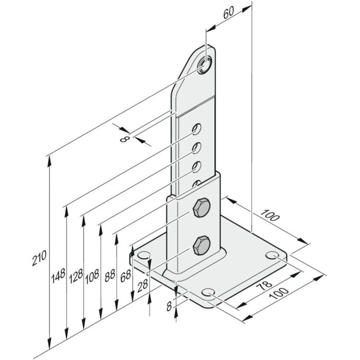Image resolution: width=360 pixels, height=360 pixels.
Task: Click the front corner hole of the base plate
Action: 209,294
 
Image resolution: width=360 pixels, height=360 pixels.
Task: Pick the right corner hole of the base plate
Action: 274,256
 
